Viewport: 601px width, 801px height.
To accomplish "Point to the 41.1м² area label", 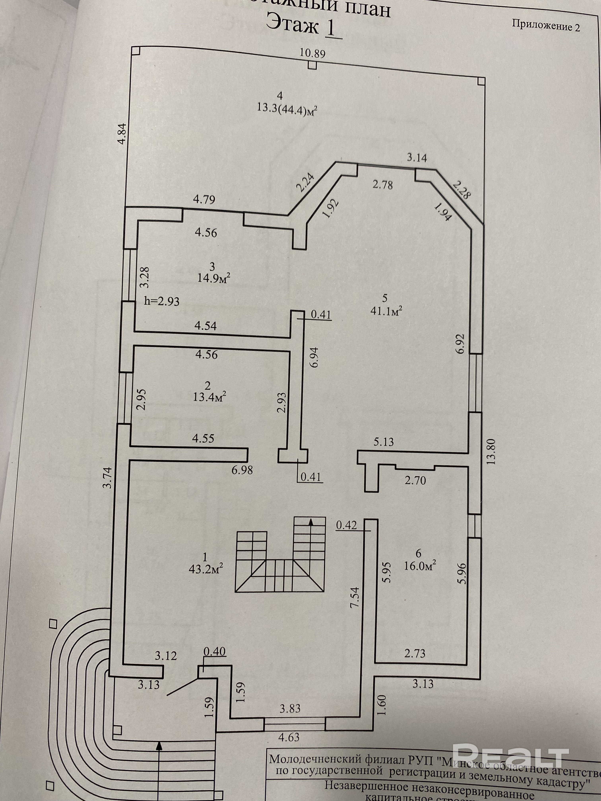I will tap(387, 310).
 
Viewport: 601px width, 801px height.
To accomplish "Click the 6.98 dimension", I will tap(242, 470).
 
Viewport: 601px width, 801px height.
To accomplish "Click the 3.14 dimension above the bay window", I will tap(417, 158).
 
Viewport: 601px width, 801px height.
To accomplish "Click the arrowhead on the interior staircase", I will tap(310, 521).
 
